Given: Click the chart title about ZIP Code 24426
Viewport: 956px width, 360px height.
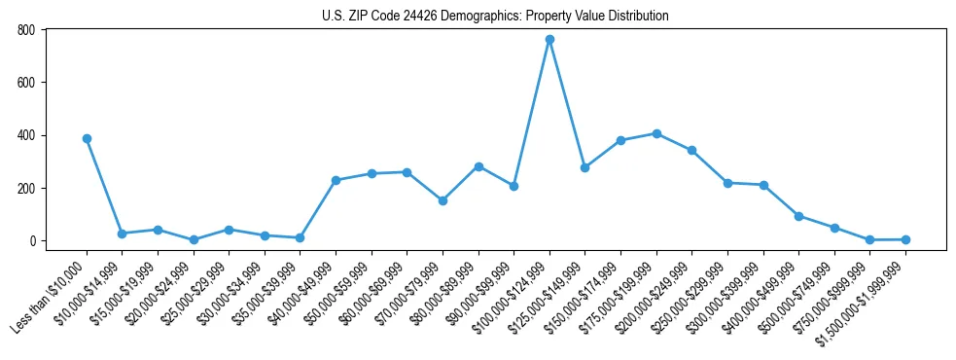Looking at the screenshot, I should (x=495, y=16).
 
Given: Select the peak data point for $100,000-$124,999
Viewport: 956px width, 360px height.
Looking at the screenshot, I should (x=549, y=39).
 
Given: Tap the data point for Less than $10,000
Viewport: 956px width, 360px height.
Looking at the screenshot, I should (x=87, y=138).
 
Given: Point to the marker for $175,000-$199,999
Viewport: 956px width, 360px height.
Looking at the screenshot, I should (x=656, y=133).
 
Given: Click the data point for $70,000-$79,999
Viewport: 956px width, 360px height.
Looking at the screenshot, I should (x=443, y=200).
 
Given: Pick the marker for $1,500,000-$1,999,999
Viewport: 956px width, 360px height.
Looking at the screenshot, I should (x=905, y=239).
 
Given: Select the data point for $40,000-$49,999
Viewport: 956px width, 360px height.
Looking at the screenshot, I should (x=336, y=180).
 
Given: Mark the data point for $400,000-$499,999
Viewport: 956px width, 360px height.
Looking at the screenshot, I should (x=798, y=216).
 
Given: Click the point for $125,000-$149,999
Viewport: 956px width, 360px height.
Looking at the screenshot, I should (x=584, y=167).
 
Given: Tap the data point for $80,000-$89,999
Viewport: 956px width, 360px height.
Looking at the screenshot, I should (x=478, y=166).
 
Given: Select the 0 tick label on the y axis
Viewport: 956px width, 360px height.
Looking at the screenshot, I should (x=32, y=240).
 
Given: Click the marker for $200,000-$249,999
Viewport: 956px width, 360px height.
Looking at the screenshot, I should (x=691, y=150).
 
